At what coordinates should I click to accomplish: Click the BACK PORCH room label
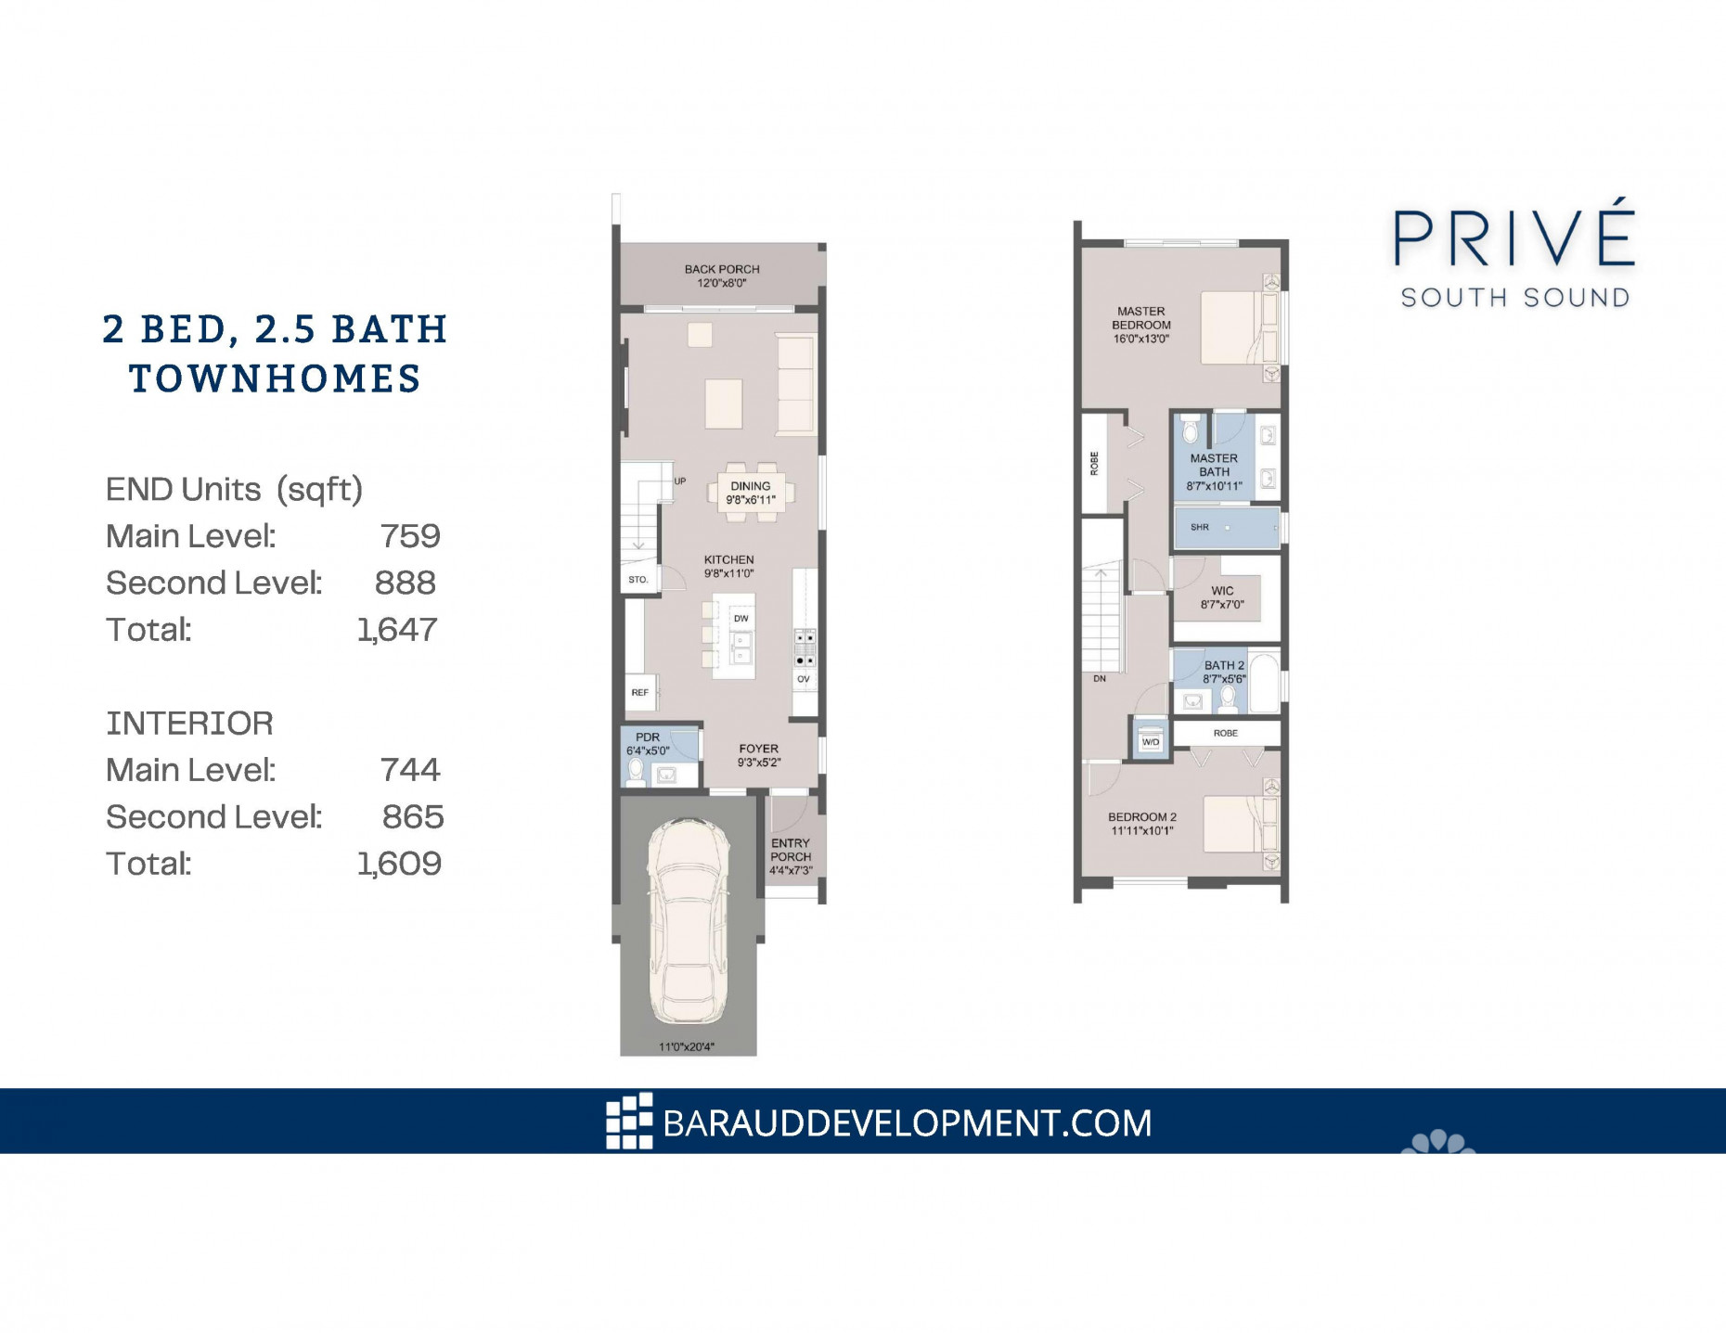point(722,270)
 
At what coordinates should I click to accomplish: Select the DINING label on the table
point(750,486)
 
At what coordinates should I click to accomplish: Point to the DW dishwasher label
point(741,619)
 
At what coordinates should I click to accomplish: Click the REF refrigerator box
point(639,692)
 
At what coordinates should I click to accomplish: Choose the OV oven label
point(804,679)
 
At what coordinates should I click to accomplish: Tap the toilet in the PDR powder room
point(637,771)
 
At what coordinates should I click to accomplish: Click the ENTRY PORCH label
point(791,850)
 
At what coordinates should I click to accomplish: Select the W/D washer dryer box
point(1151,742)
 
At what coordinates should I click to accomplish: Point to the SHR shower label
point(1200,527)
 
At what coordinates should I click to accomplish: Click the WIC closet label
point(1222,591)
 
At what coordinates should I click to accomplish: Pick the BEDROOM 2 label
point(1141,817)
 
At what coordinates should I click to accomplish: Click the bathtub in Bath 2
point(1263,685)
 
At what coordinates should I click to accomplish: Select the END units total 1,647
point(397,630)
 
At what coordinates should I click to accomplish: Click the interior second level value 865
point(413,817)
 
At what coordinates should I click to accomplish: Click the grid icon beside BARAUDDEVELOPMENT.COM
point(629,1122)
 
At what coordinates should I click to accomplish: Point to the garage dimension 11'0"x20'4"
point(687,1047)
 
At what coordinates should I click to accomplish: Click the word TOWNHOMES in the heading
point(276,379)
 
